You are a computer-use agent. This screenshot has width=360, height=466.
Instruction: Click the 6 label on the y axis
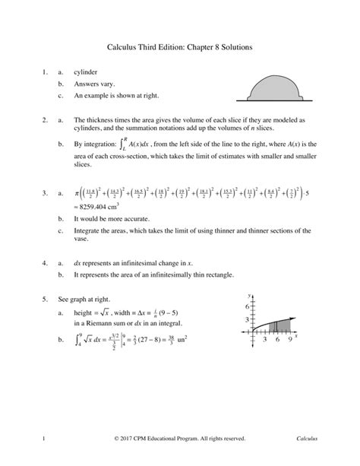click(x=246, y=306)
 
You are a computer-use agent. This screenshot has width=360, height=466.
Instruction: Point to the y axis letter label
click(x=249, y=293)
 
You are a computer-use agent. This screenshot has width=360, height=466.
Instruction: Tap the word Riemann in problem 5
click(x=95, y=322)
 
